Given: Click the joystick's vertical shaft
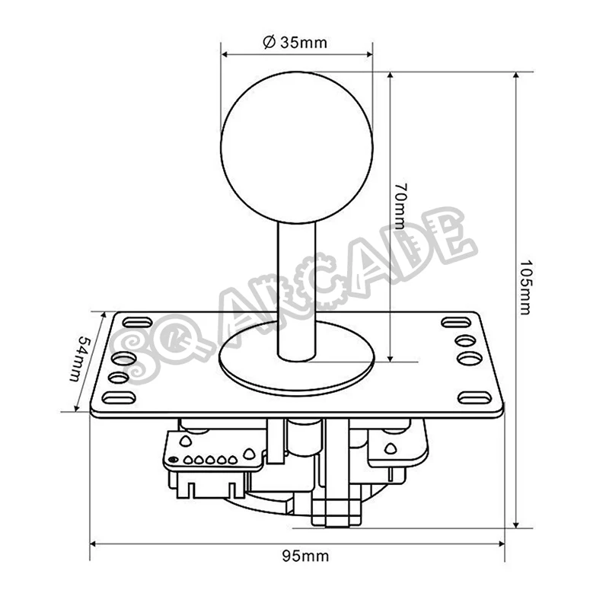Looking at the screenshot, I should click(297, 289).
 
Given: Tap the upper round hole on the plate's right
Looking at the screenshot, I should click(464, 340).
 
